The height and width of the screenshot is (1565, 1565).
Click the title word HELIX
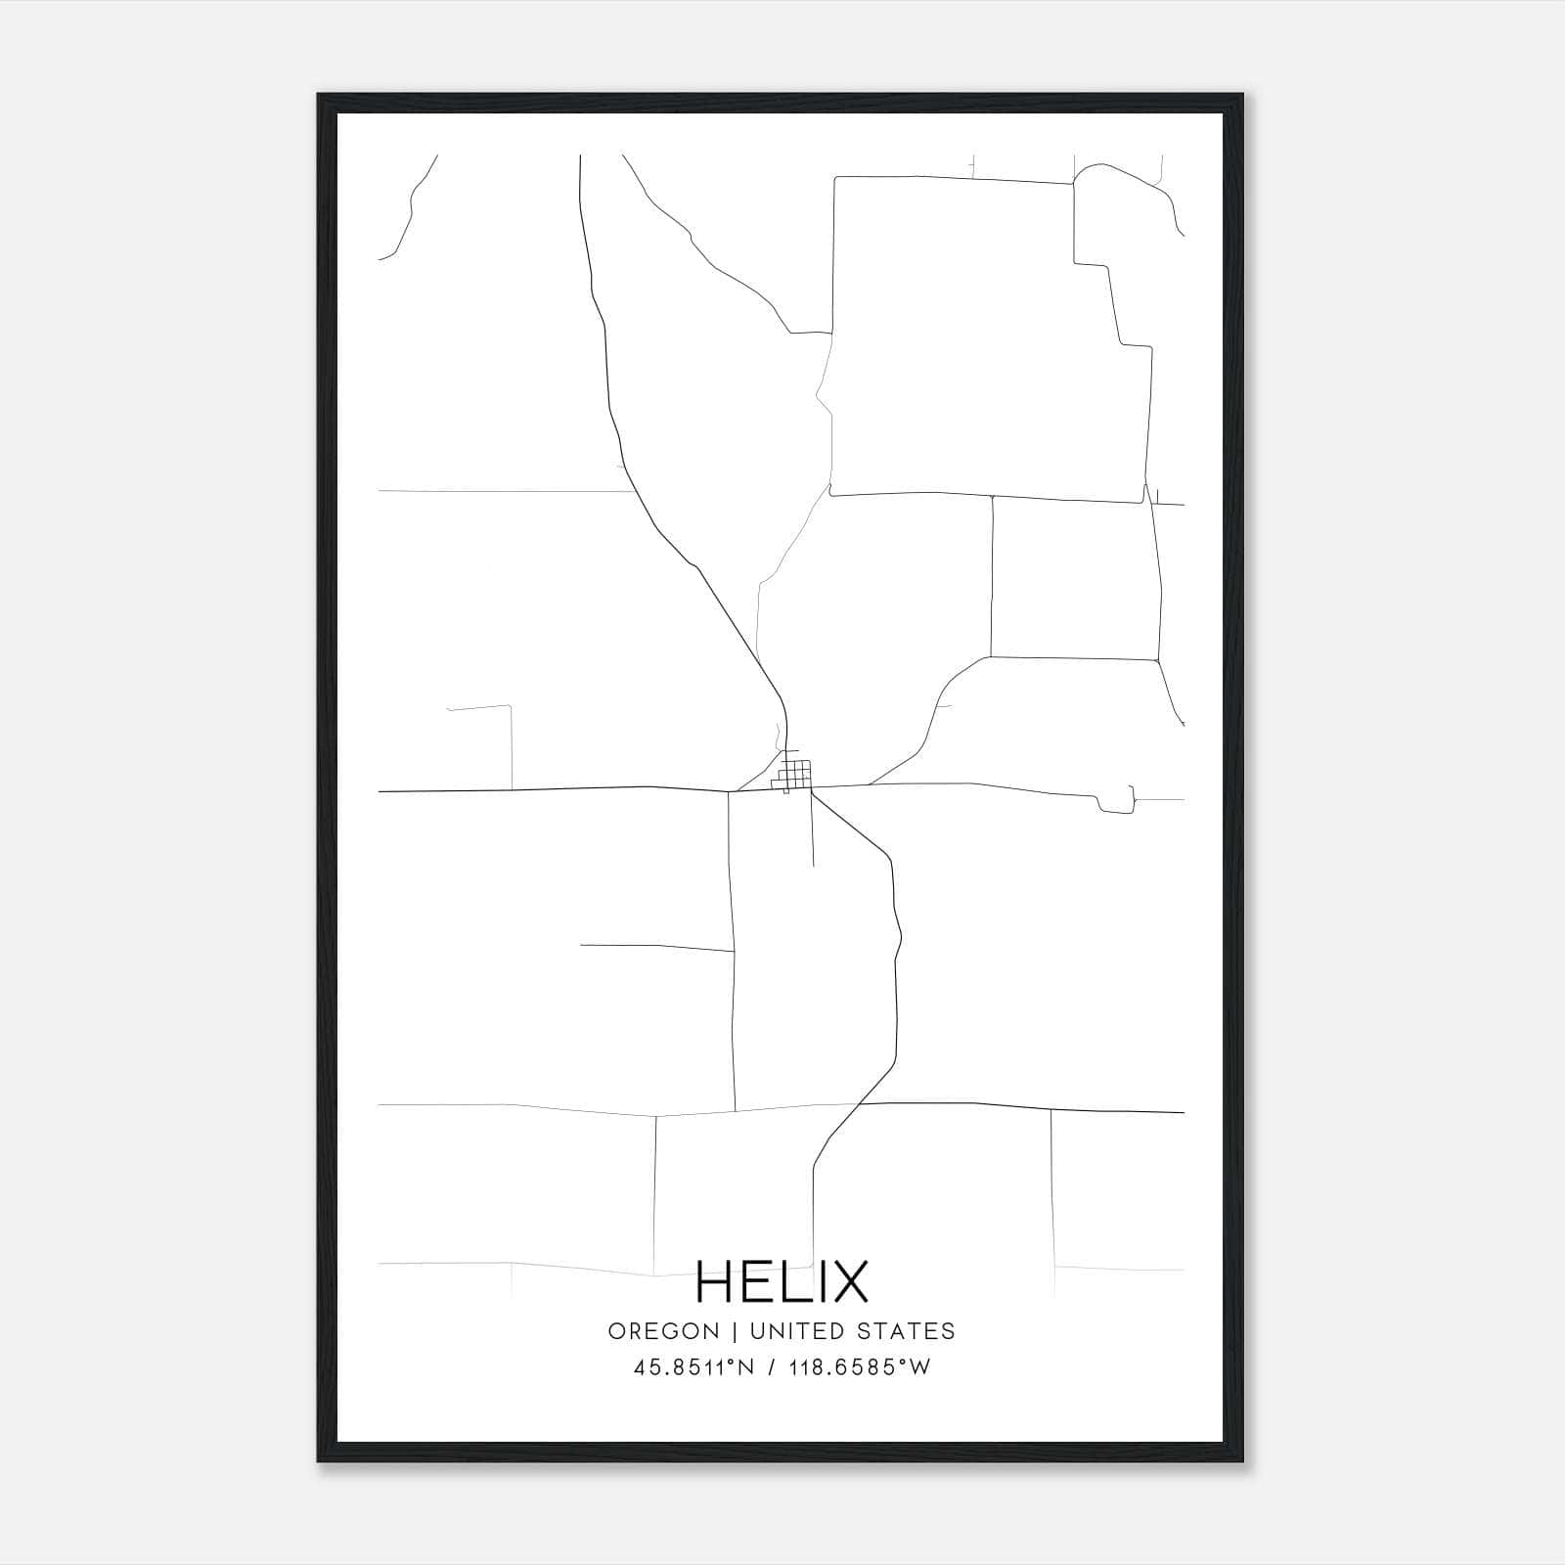782,1281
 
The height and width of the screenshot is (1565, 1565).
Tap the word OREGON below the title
663,1331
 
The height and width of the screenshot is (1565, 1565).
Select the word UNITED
794,1331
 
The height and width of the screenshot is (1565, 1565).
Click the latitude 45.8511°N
693,1368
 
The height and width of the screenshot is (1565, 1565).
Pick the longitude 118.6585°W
860,1368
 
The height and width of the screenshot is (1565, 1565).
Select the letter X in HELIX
847,1281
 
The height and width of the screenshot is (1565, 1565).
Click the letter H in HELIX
715,1281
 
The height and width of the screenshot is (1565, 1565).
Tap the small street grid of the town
795,775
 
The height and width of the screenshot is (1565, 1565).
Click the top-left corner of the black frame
320,96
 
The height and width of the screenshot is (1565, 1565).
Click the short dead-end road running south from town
813,831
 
